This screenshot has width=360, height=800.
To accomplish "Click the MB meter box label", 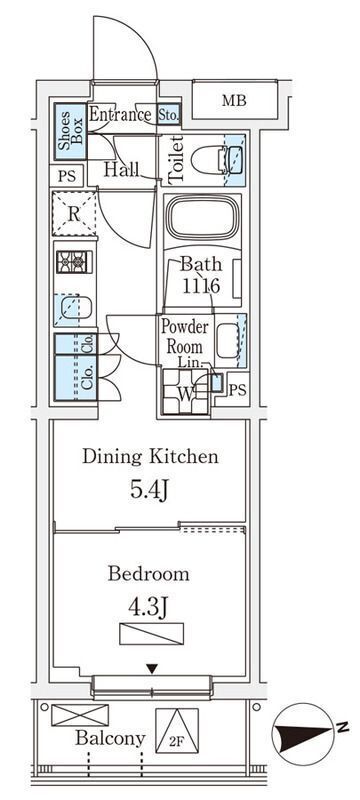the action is [x=234, y=101].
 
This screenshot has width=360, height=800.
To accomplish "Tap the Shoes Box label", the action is [x=70, y=132].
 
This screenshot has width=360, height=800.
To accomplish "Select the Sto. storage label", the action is [x=168, y=115].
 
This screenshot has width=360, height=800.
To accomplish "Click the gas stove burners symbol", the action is [x=71, y=262].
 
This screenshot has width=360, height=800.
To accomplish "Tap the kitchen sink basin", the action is [x=74, y=309].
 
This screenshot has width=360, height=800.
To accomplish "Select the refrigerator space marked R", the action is [x=74, y=214].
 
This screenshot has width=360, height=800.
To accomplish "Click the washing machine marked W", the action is [x=185, y=391].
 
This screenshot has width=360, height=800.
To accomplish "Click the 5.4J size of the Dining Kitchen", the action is [x=149, y=491].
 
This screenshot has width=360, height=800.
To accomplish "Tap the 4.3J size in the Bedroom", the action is [x=149, y=608].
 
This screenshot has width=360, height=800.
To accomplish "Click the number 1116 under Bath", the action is [x=201, y=285].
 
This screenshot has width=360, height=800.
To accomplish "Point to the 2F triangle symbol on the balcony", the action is [x=177, y=730].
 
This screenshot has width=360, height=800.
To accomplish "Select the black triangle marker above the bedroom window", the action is [x=151, y=668].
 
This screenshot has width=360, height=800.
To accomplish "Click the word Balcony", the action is [x=110, y=738].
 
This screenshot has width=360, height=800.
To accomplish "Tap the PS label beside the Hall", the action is [x=67, y=177].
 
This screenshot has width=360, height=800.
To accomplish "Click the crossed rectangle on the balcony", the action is [x=80, y=715].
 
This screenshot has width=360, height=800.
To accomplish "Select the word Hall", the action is [x=122, y=169].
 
